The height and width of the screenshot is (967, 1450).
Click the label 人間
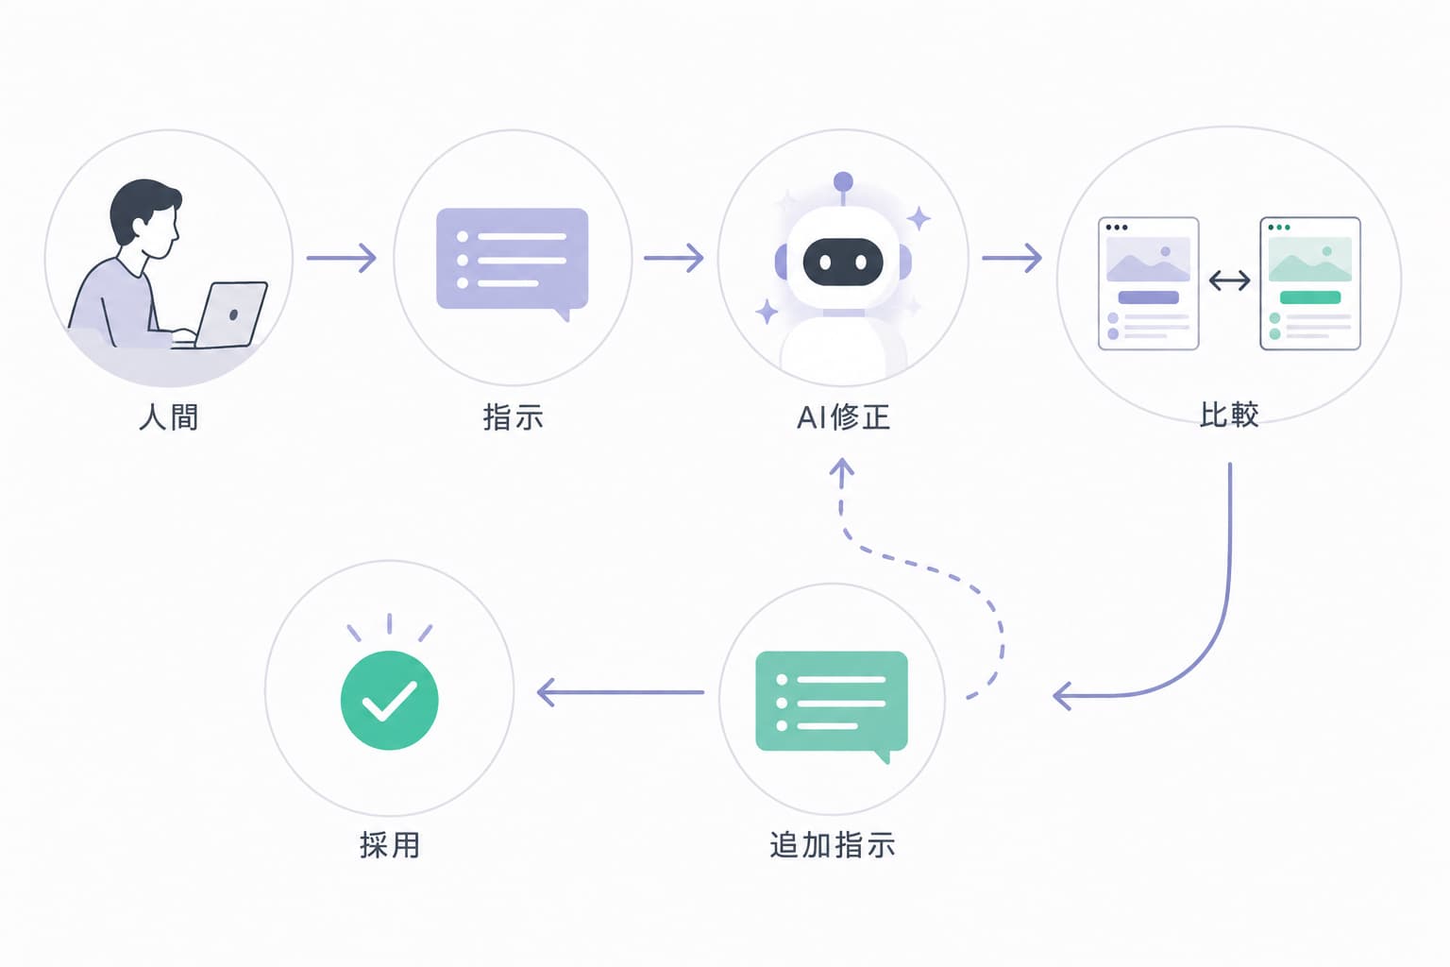[x=168, y=416]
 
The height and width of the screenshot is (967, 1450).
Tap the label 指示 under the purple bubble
[x=513, y=416]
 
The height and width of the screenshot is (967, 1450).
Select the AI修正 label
[x=843, y=416]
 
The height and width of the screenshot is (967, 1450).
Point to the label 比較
[x=1228, y=415]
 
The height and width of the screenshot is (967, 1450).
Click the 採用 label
[x=390, y=844]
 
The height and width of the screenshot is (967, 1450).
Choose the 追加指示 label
[x=833, y=844]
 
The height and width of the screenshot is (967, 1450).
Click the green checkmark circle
[x=389, y=700]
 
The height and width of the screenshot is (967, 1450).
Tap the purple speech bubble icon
[x=512, y=263]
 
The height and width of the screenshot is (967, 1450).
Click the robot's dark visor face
[x=843, y=262]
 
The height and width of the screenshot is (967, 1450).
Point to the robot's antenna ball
[x=843, y=181]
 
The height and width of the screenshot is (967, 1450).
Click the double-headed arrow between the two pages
[x=1229, y=280]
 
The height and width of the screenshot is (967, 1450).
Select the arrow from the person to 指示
[x=341, y=258]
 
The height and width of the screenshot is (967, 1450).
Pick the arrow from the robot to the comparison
[x=1012, y=258]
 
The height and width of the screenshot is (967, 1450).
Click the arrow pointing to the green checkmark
[x=621, y=692]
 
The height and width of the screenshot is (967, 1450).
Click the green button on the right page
[x=1310, y=297]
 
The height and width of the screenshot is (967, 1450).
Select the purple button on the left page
[x=1148, y=297]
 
